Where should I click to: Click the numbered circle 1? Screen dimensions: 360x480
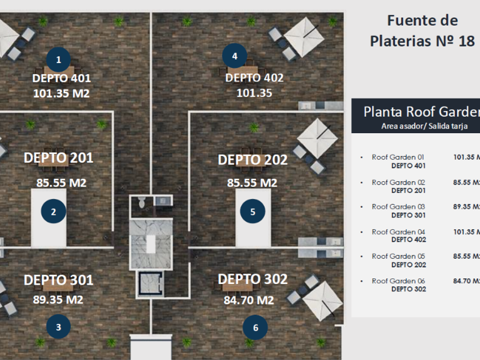pos(59,58)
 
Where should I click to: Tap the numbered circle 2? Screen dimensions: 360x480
pos(54,212)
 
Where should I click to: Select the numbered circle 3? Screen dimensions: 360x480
pos(59,327)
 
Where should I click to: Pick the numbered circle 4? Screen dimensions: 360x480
pos(235,56)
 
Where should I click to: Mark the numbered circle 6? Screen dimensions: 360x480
pos(255,327)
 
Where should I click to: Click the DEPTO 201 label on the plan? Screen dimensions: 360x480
pos(58,158)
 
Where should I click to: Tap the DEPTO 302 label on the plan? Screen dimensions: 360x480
pos(253,280)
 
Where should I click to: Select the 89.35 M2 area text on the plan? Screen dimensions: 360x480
pos(58,300)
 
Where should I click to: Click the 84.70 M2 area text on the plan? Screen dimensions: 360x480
pos(249,300)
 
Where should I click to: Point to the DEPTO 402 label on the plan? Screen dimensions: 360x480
pos(255,78)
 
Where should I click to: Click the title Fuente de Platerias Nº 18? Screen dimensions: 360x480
pos(422,31)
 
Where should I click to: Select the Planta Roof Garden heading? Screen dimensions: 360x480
pos(421,111)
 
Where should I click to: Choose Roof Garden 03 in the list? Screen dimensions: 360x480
pos(398,207)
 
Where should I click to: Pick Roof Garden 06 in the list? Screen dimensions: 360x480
pos(398,281)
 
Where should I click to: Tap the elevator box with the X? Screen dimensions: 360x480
pos(149,283)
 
